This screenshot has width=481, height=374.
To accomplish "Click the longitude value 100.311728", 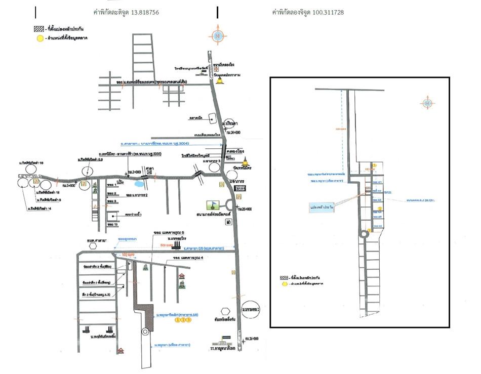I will [x=325, y=12].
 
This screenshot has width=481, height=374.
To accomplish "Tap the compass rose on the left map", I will [x=218, y=36].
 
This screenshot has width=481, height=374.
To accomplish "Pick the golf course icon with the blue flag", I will [x=213, y=206].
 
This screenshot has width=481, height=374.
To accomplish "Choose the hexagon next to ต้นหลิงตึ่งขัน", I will [x=226, y=308].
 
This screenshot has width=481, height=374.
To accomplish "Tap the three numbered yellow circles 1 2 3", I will [x=183, y=320].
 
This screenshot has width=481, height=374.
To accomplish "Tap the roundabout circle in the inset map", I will [x=364, y=234].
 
